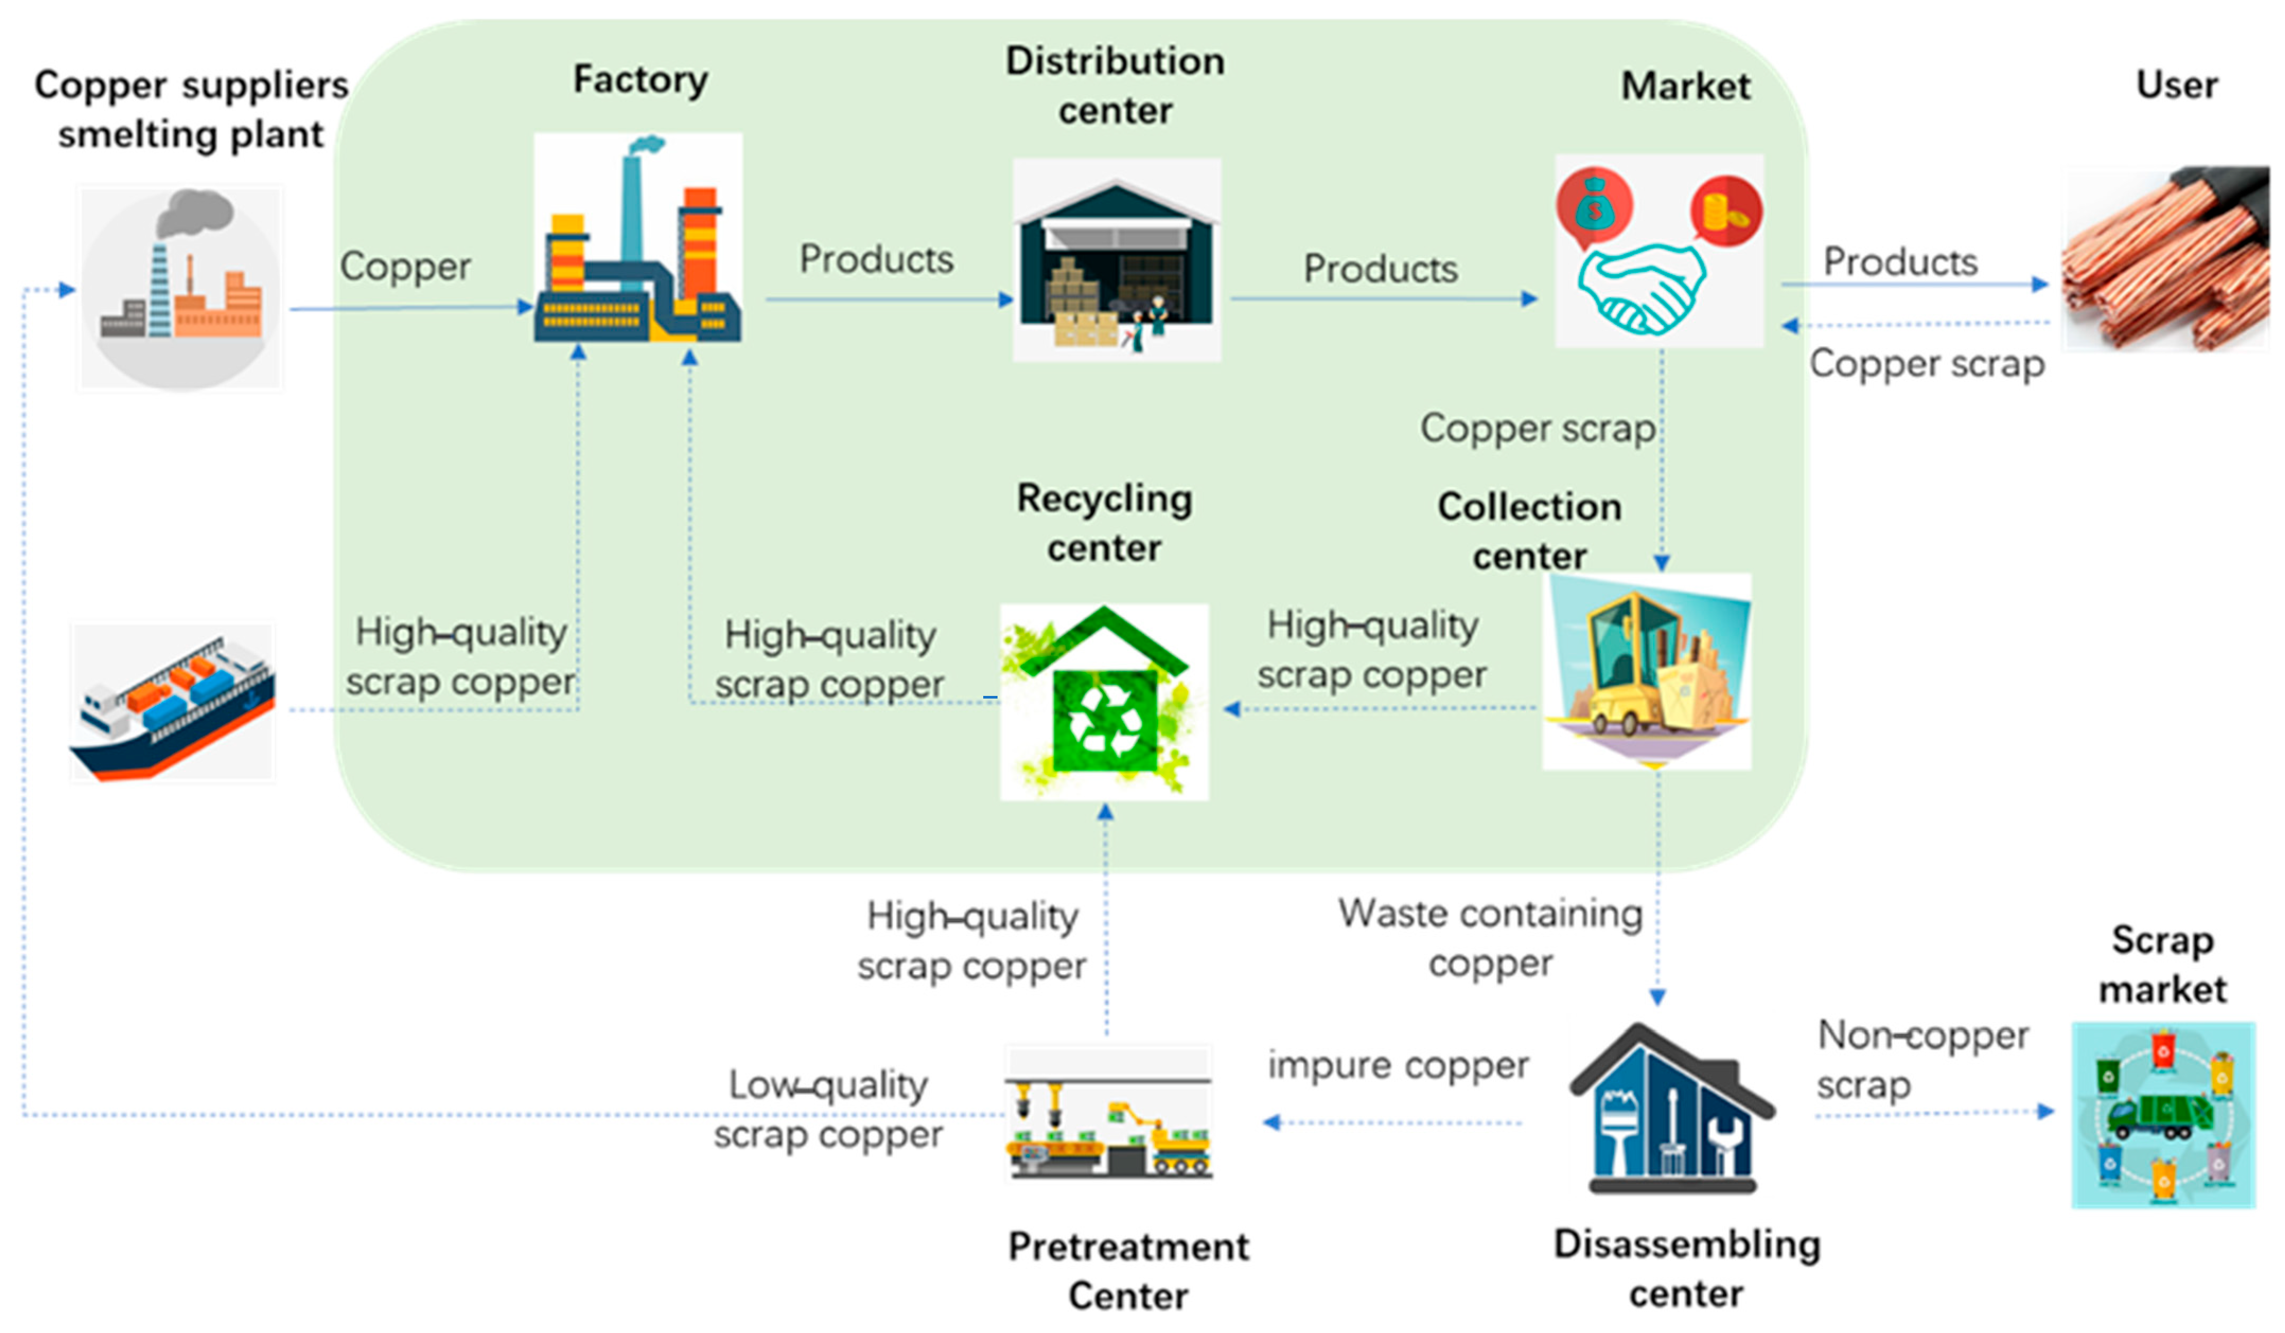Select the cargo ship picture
172,703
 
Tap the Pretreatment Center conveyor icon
1108,1115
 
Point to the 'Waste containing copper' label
1490,939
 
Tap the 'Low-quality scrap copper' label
828,1109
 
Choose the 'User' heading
2176,85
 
